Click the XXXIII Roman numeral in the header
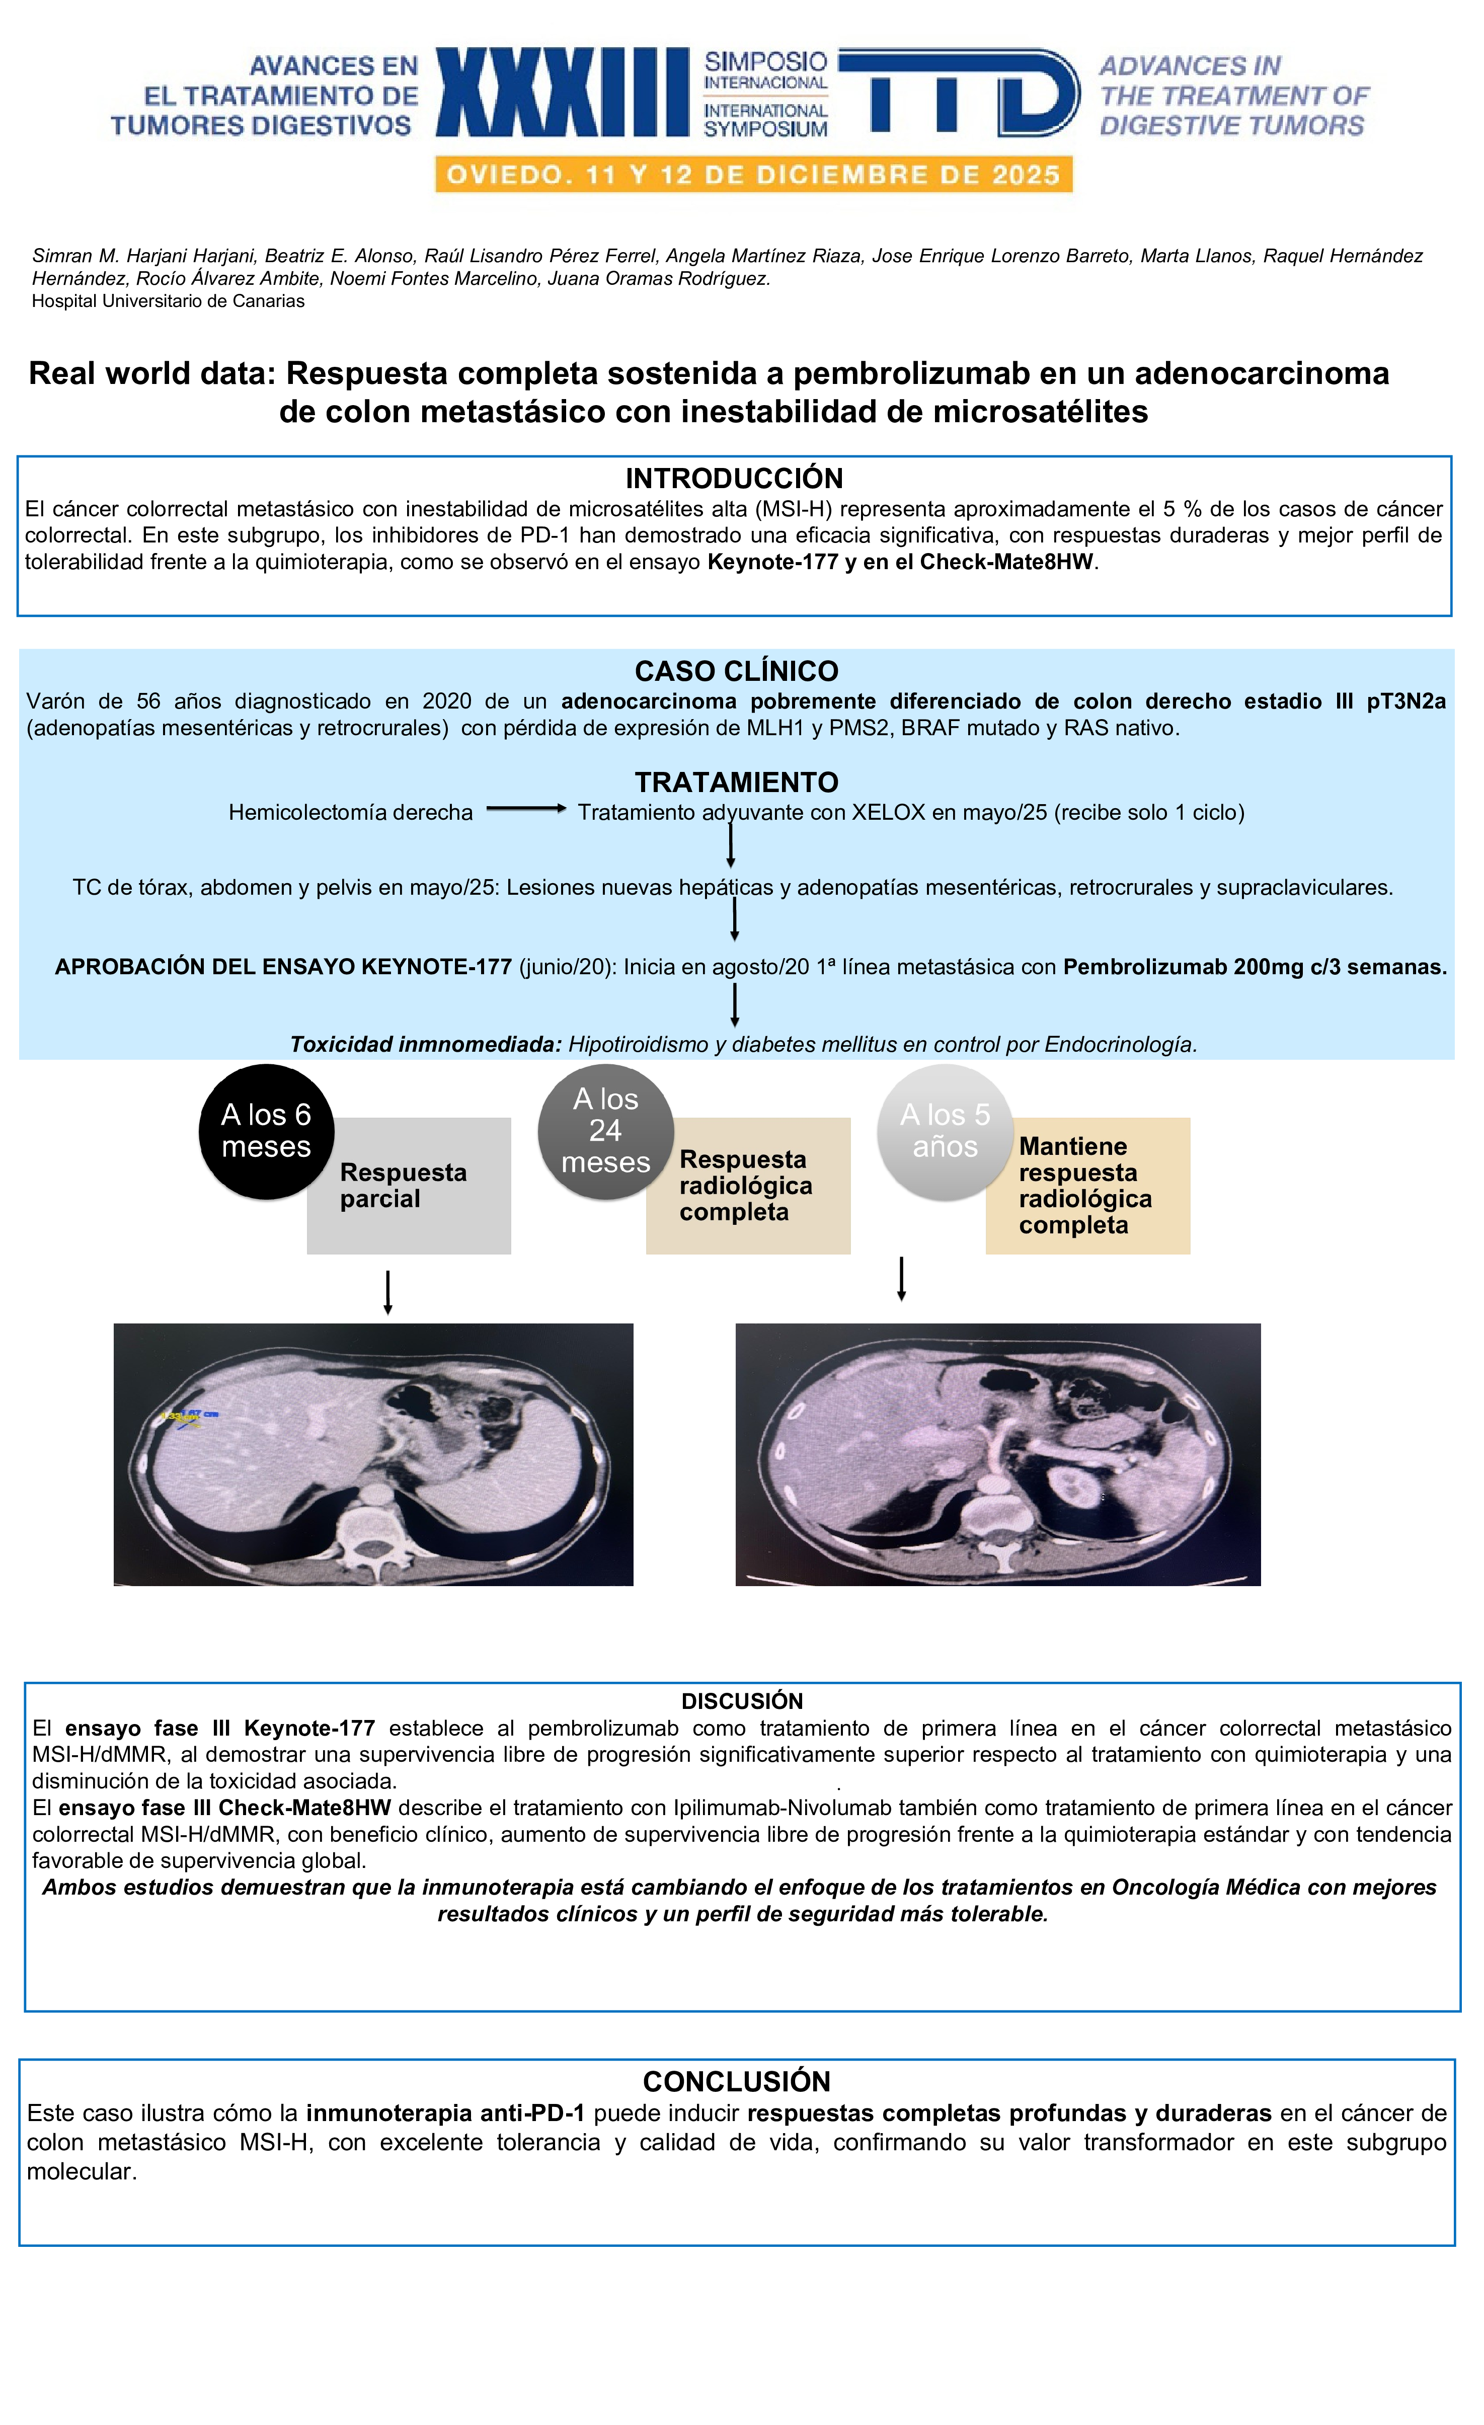pos(562,93)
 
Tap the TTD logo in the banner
pos(960,93)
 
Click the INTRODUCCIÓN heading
pos(734,479)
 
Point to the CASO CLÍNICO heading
pos(736,671)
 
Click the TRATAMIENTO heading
pos(736,783)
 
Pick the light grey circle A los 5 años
pos(945,1132)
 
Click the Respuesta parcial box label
pos(404,1186)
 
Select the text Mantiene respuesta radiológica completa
pos(1084,1186)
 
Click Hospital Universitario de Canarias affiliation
pos(168,301)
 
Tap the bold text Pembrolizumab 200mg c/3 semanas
pos(1254,968)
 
